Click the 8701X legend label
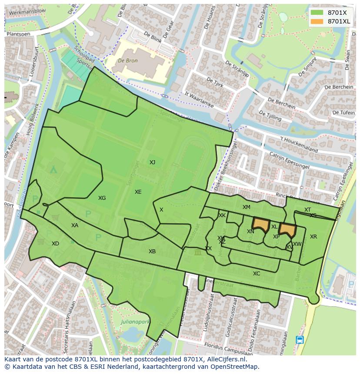tap(337, 13)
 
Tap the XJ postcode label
tap(152, 162)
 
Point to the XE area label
tap(138, 192)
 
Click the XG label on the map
tap(102, 198)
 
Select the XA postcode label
tap(75, 225)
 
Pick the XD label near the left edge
tap(55, 244)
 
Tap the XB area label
tap(152, 252)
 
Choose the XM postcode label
tap(246, 207)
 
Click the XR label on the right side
tap(313, 237)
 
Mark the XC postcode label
tap(257, 274)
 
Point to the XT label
tap(307, 210)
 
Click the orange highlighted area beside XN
tap(261, 225)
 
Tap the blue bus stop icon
tap(300, 340)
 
